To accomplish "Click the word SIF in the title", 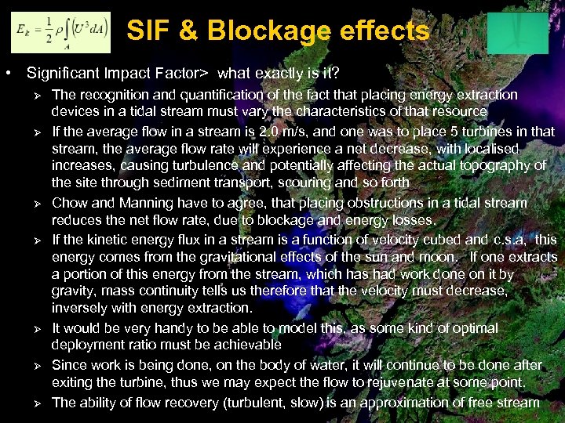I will coord(148,31).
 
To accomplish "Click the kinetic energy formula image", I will coord(60,32).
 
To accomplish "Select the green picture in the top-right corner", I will coord(517,34).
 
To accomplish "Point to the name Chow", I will coord(69,203).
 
